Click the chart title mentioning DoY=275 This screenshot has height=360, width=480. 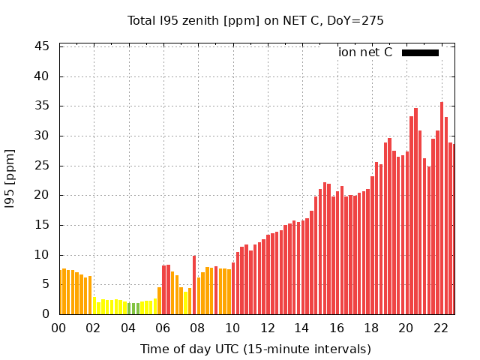(255, 20)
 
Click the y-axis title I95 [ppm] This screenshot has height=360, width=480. (10, 180)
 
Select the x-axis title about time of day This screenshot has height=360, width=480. (255, 349)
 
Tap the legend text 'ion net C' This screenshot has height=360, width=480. (365, 52)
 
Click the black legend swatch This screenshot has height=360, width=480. (420, 52)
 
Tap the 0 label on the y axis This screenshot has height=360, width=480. (46, 314)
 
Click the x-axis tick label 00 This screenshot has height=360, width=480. (58, 328)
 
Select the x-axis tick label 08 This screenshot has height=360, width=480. (197, 328)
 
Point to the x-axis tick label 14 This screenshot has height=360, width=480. (301, 328)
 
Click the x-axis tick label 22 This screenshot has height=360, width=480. (440, 328)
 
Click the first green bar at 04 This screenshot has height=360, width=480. (129, 309)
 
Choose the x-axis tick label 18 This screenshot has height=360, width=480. (371, 328)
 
